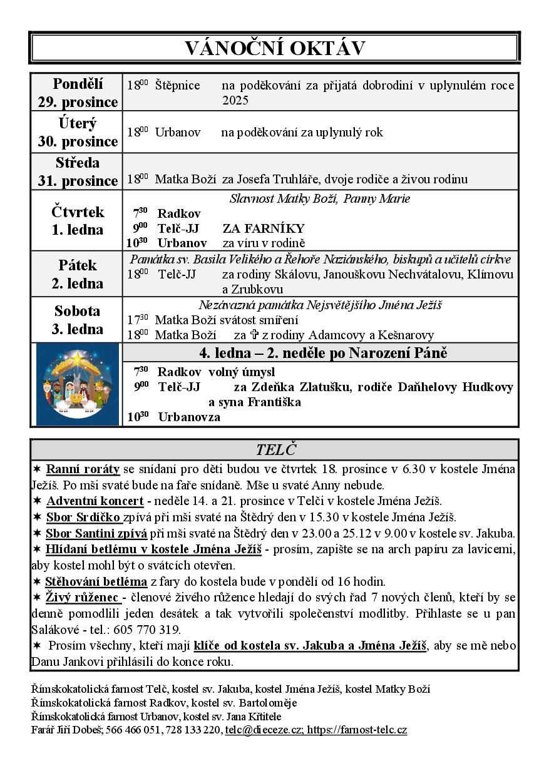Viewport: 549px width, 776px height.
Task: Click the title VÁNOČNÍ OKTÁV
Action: (274, 48)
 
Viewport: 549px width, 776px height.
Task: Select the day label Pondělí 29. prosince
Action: (77, 93)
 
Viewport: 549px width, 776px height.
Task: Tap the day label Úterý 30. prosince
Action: (77, 132)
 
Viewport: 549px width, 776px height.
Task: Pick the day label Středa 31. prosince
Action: (77, 171)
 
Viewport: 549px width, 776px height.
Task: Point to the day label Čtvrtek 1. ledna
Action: (77, 220)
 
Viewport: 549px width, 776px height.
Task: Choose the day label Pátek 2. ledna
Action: (77, 274)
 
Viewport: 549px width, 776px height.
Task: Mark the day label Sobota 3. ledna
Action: (77, 320)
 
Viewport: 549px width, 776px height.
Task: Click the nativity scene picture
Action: (77, 384)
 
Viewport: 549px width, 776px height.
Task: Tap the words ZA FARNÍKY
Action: (264, 228)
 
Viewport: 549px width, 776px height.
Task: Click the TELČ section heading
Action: (275, 449)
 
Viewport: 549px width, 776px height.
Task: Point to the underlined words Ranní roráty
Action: (83, 468)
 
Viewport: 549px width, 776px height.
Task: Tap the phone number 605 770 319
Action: (151, 630)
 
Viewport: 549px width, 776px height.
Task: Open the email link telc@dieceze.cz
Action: (265, 730)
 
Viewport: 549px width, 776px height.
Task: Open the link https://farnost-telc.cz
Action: (357, 730)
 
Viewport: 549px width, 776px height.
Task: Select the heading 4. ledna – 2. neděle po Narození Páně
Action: (322, 352)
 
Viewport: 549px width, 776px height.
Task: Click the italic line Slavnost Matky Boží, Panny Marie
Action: (320, 199)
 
